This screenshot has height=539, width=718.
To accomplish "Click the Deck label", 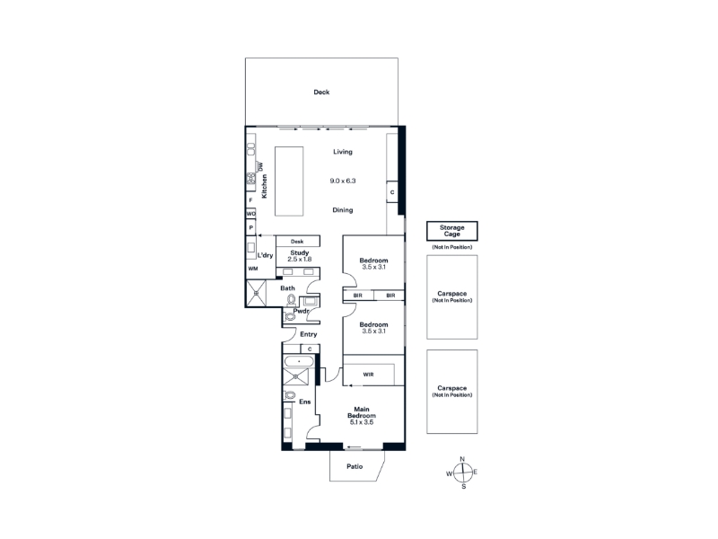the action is [x=321, y=93].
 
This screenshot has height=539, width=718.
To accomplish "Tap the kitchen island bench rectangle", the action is [x=289, y=181].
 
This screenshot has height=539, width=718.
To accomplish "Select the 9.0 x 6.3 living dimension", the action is [x=343, y=181].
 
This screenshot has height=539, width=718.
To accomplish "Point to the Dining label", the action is [x=343, y=210].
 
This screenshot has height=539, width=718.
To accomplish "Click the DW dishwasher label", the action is [x=261, y=167].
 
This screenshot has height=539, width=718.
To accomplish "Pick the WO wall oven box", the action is [x=251, y=214].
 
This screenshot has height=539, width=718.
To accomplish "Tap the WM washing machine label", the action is [x=253, y=269].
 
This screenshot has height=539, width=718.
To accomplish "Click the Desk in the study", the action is [x=298, y=241].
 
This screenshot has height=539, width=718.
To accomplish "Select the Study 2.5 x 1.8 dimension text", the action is [x=300, y=260].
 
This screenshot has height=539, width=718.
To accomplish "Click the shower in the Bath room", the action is [x=256, y=293].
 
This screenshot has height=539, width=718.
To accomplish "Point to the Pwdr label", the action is [x=301, y=311].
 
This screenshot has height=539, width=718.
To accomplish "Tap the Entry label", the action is [x=308, y=334].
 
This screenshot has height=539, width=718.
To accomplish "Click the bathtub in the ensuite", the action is [x=299, y=362].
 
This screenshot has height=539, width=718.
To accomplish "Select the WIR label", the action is [x=368, y=375].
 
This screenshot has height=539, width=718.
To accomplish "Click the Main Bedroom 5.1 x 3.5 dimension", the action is [x=362, y=422].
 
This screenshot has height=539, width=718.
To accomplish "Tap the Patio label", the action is [x=355, y=466].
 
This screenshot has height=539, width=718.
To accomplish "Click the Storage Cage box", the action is [x=452, y=231].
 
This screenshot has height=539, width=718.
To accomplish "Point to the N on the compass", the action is [x=462, y=459].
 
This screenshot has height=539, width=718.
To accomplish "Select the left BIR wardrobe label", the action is [x=357, y=296].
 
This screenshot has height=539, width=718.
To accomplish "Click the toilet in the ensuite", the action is [x=289, y=394].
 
